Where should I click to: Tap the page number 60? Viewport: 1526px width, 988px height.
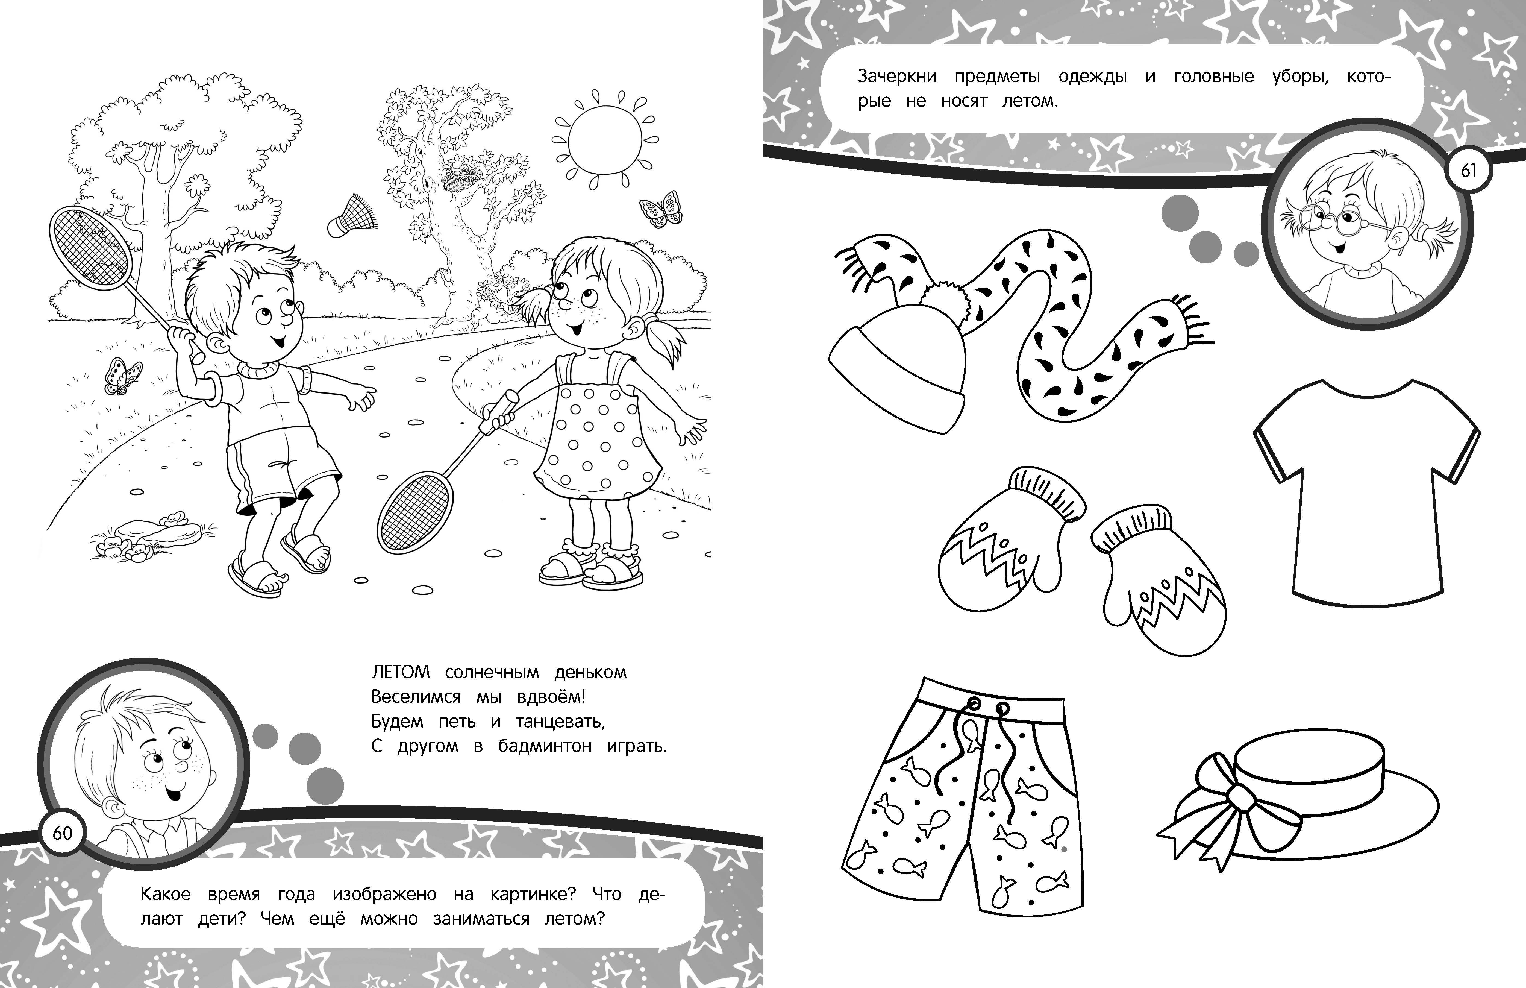click(x=62, y=833)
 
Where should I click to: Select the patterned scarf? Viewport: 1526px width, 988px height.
click(x=1051, y=321)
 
